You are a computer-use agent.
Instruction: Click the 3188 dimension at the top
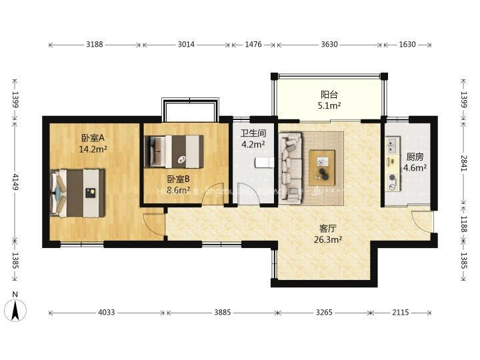tap(94, 45)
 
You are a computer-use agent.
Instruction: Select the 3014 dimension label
tap(186, 45)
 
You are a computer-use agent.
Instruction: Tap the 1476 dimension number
tap(253, 45)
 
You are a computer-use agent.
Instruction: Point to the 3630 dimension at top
tap(329, 45)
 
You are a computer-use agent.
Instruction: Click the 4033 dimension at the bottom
tap(106, 312)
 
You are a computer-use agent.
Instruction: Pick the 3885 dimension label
tap(223, 312)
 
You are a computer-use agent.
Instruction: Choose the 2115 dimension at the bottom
tap(401, 312)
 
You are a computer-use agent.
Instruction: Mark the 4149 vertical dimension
tap(15, 182)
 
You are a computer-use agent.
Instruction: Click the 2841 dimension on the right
tap(464, 163)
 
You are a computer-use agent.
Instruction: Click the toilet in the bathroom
tap(265, 162)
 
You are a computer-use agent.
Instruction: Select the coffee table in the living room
tap(322, 168)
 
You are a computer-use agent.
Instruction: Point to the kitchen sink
tap(392, 145)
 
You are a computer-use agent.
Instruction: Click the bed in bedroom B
tap(174, 151)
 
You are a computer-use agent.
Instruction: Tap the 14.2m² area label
tap(93, 149)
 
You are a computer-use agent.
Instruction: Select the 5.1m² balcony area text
tap(329, 105)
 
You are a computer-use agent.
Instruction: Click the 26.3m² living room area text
tap(328, 239)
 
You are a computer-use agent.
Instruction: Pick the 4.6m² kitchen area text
tap(415, 168)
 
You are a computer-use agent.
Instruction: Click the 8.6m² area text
tap(179, 190)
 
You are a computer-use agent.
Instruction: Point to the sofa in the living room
tap(291, 168)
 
